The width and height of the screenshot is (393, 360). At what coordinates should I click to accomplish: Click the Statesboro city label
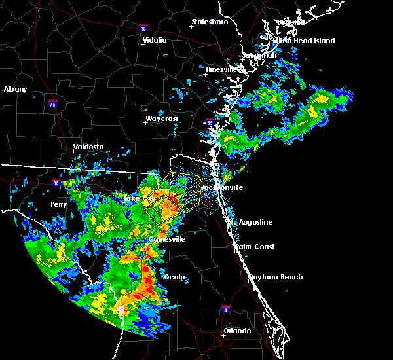point(210,22)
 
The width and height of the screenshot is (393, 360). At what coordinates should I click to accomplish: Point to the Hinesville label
point(225,69)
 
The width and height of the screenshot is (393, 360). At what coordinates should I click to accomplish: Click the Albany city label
point(16,90)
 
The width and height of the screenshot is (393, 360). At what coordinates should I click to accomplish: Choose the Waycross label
point(162,119)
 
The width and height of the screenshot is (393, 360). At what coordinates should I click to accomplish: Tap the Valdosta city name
point(90,147)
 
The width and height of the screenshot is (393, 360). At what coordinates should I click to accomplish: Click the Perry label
point(58,205)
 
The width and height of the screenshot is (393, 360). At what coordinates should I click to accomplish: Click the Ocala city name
point(175,278)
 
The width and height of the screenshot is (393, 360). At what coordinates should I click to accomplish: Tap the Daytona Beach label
point(278,278)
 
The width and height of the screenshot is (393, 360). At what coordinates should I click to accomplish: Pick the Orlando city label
point(237,331)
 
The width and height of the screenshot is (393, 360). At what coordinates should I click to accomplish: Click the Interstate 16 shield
point(143,28)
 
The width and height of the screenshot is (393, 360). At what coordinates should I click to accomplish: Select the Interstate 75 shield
point(52,103)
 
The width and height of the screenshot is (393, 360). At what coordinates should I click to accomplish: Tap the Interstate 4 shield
point(226,308)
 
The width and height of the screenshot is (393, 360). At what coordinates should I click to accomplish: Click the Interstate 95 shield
point(210,122)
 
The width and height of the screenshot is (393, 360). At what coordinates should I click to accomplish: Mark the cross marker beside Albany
point(3,94)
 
